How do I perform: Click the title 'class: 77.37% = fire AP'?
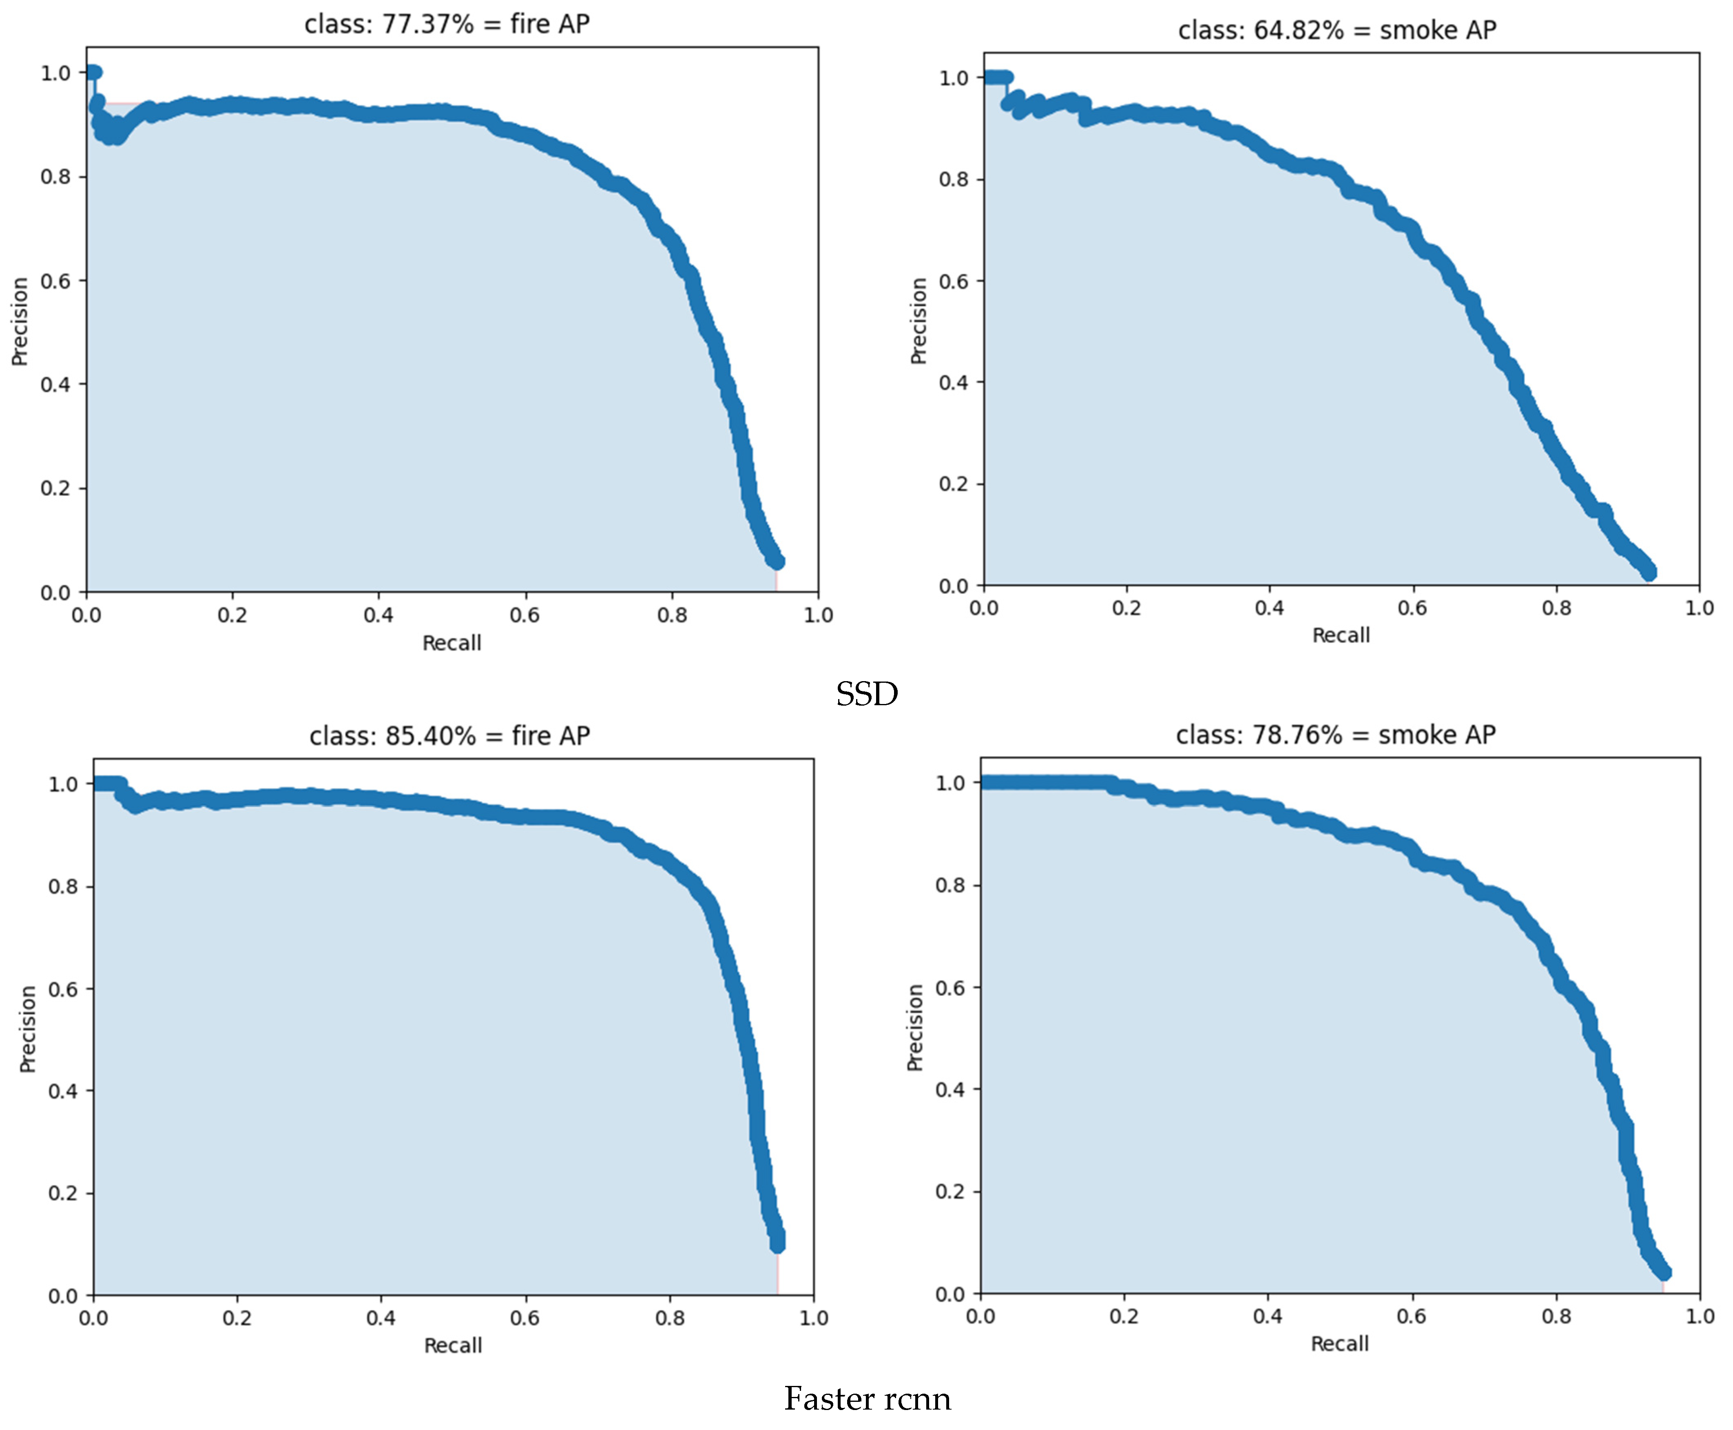pyautogui.click(x=447, y=24)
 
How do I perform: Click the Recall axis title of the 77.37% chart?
pyautogui.click(x=451, y=642)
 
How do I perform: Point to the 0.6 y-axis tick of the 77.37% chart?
pyautogui.click(x=55, y=281)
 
